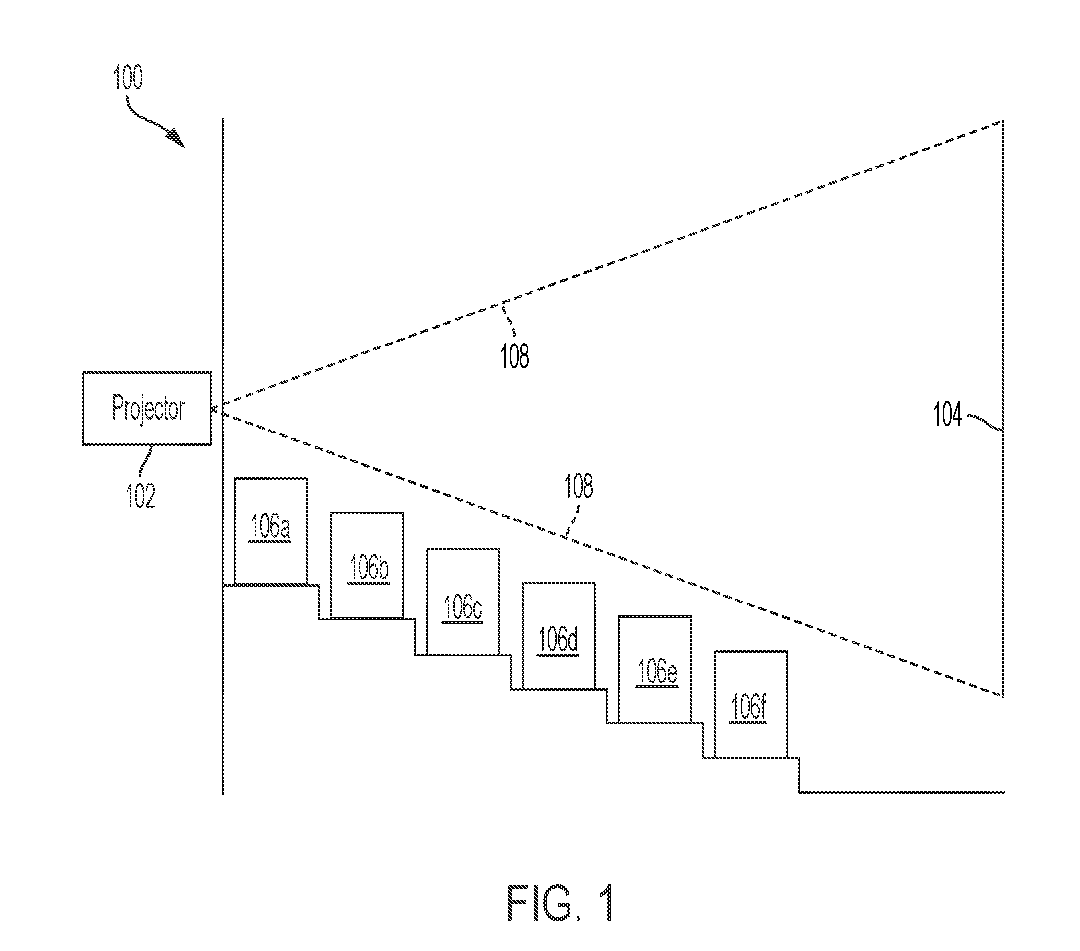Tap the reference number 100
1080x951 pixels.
tap(128, 78)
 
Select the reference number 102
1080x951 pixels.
tap(141, 496)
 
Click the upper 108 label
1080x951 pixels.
tap(515, 355)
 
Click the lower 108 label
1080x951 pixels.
tap(579, 486)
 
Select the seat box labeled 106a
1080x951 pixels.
tap(270, 531)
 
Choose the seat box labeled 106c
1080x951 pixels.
tap(463, 602)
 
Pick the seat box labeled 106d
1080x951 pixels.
tap(559, 636)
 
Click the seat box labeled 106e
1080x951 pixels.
tap(655, 670)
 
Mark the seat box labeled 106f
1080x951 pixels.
tap(751, 704)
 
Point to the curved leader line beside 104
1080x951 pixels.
tap(985, 421)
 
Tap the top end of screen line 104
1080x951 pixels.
tap(1003, 121)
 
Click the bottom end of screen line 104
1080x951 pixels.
tap(1003, 697)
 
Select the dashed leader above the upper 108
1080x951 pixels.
tap(510, 319)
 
